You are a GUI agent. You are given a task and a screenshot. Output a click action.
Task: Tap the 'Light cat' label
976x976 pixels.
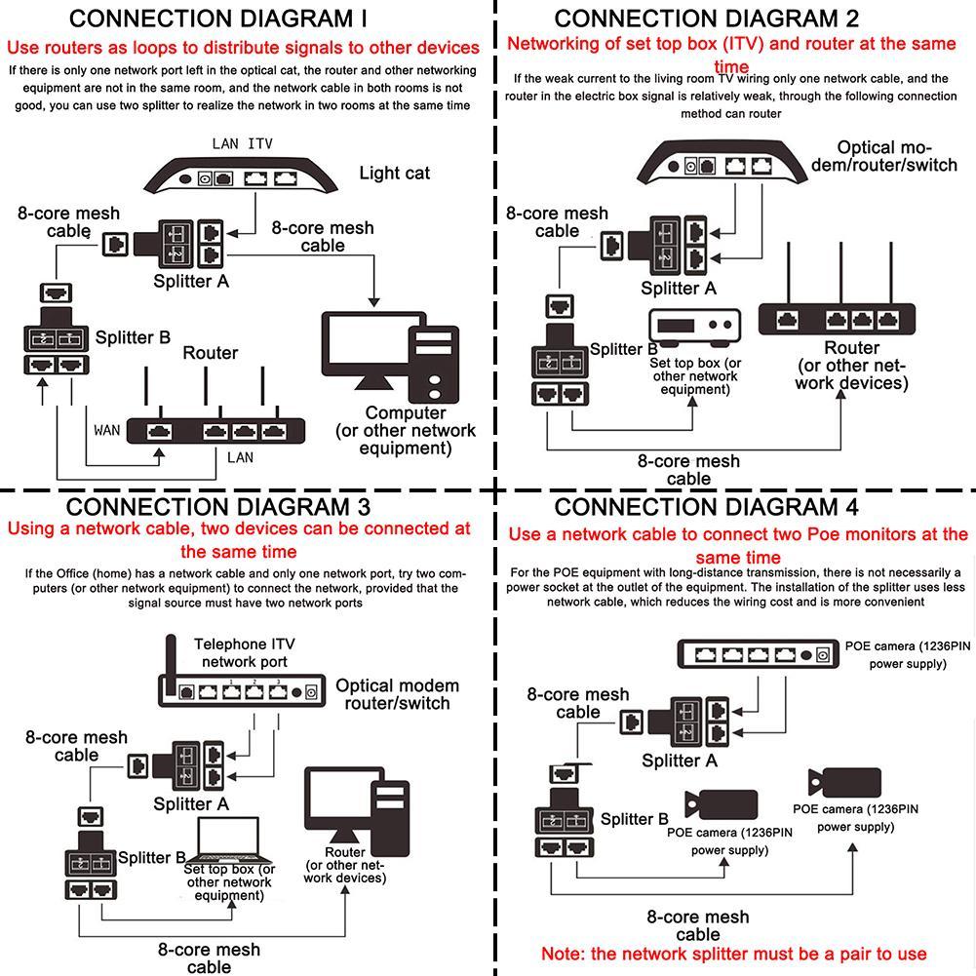[x=394, y=174]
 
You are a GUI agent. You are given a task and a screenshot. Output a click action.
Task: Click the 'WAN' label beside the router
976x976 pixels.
[x=107, y=429]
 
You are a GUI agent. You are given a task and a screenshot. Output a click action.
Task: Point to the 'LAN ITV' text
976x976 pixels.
[x=242, y=144]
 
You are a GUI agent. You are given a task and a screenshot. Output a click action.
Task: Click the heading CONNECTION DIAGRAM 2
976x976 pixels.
[x=707, y=19]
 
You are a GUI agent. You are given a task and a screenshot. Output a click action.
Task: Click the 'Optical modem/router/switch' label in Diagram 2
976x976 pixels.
[x=884, y=156]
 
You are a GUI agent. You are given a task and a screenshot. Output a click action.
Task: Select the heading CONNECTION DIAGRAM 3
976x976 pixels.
[x=218, y=507]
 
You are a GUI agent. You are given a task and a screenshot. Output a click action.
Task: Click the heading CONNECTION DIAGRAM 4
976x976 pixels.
[x=707, y=507]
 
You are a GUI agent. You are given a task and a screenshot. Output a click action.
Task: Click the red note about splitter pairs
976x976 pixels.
[x=733, y=953]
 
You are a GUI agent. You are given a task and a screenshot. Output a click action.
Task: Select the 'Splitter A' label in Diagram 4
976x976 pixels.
[x=680, y=761]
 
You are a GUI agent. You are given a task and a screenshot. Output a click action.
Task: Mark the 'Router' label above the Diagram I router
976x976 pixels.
[x=211, y=353]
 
